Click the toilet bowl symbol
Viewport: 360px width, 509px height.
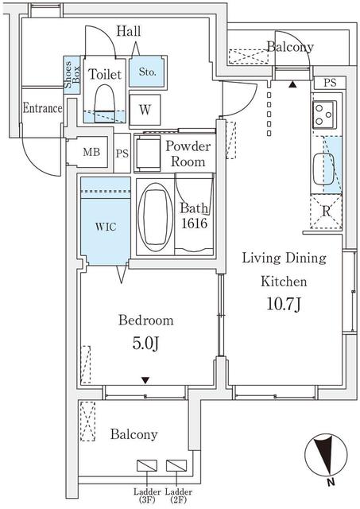click(x=104, y=103)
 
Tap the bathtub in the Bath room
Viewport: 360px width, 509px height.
click(x=155, y=217)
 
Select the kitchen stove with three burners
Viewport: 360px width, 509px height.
click(x=324, y=115)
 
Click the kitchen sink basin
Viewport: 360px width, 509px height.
click(x=323, y=169)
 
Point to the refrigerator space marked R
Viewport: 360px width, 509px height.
click(x=326, y=211)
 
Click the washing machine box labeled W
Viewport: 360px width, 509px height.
click(x=145, y=110)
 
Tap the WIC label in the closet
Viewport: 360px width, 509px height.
click(x=106, y=226)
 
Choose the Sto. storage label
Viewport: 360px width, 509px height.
click(x=147, y=72)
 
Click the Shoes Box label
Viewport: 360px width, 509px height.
click(x=72, y=75)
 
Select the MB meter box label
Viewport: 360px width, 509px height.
click(x=91, y=152)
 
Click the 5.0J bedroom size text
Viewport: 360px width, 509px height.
click(x=145, y=343)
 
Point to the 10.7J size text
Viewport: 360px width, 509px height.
click(x=285, y=304)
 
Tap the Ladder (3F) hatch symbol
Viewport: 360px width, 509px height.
click(x=147, y=465)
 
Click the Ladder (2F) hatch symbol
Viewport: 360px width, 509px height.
click(x=176, y=465)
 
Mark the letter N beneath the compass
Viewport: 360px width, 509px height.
click(x=331, y=482)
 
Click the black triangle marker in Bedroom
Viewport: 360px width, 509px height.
click(x=145, y=380)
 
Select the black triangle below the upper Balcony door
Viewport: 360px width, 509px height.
click(x=292, y=85)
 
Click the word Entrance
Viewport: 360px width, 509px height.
click(x=42, y=108)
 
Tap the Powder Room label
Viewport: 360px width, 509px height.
click(x=188, y=153)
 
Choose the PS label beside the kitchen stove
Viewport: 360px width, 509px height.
click(x=330, y=83)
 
